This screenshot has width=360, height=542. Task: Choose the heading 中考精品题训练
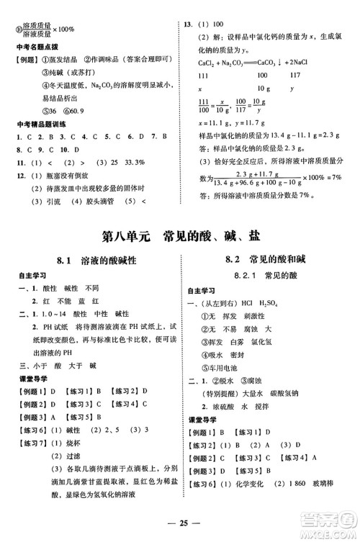[41, 124]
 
